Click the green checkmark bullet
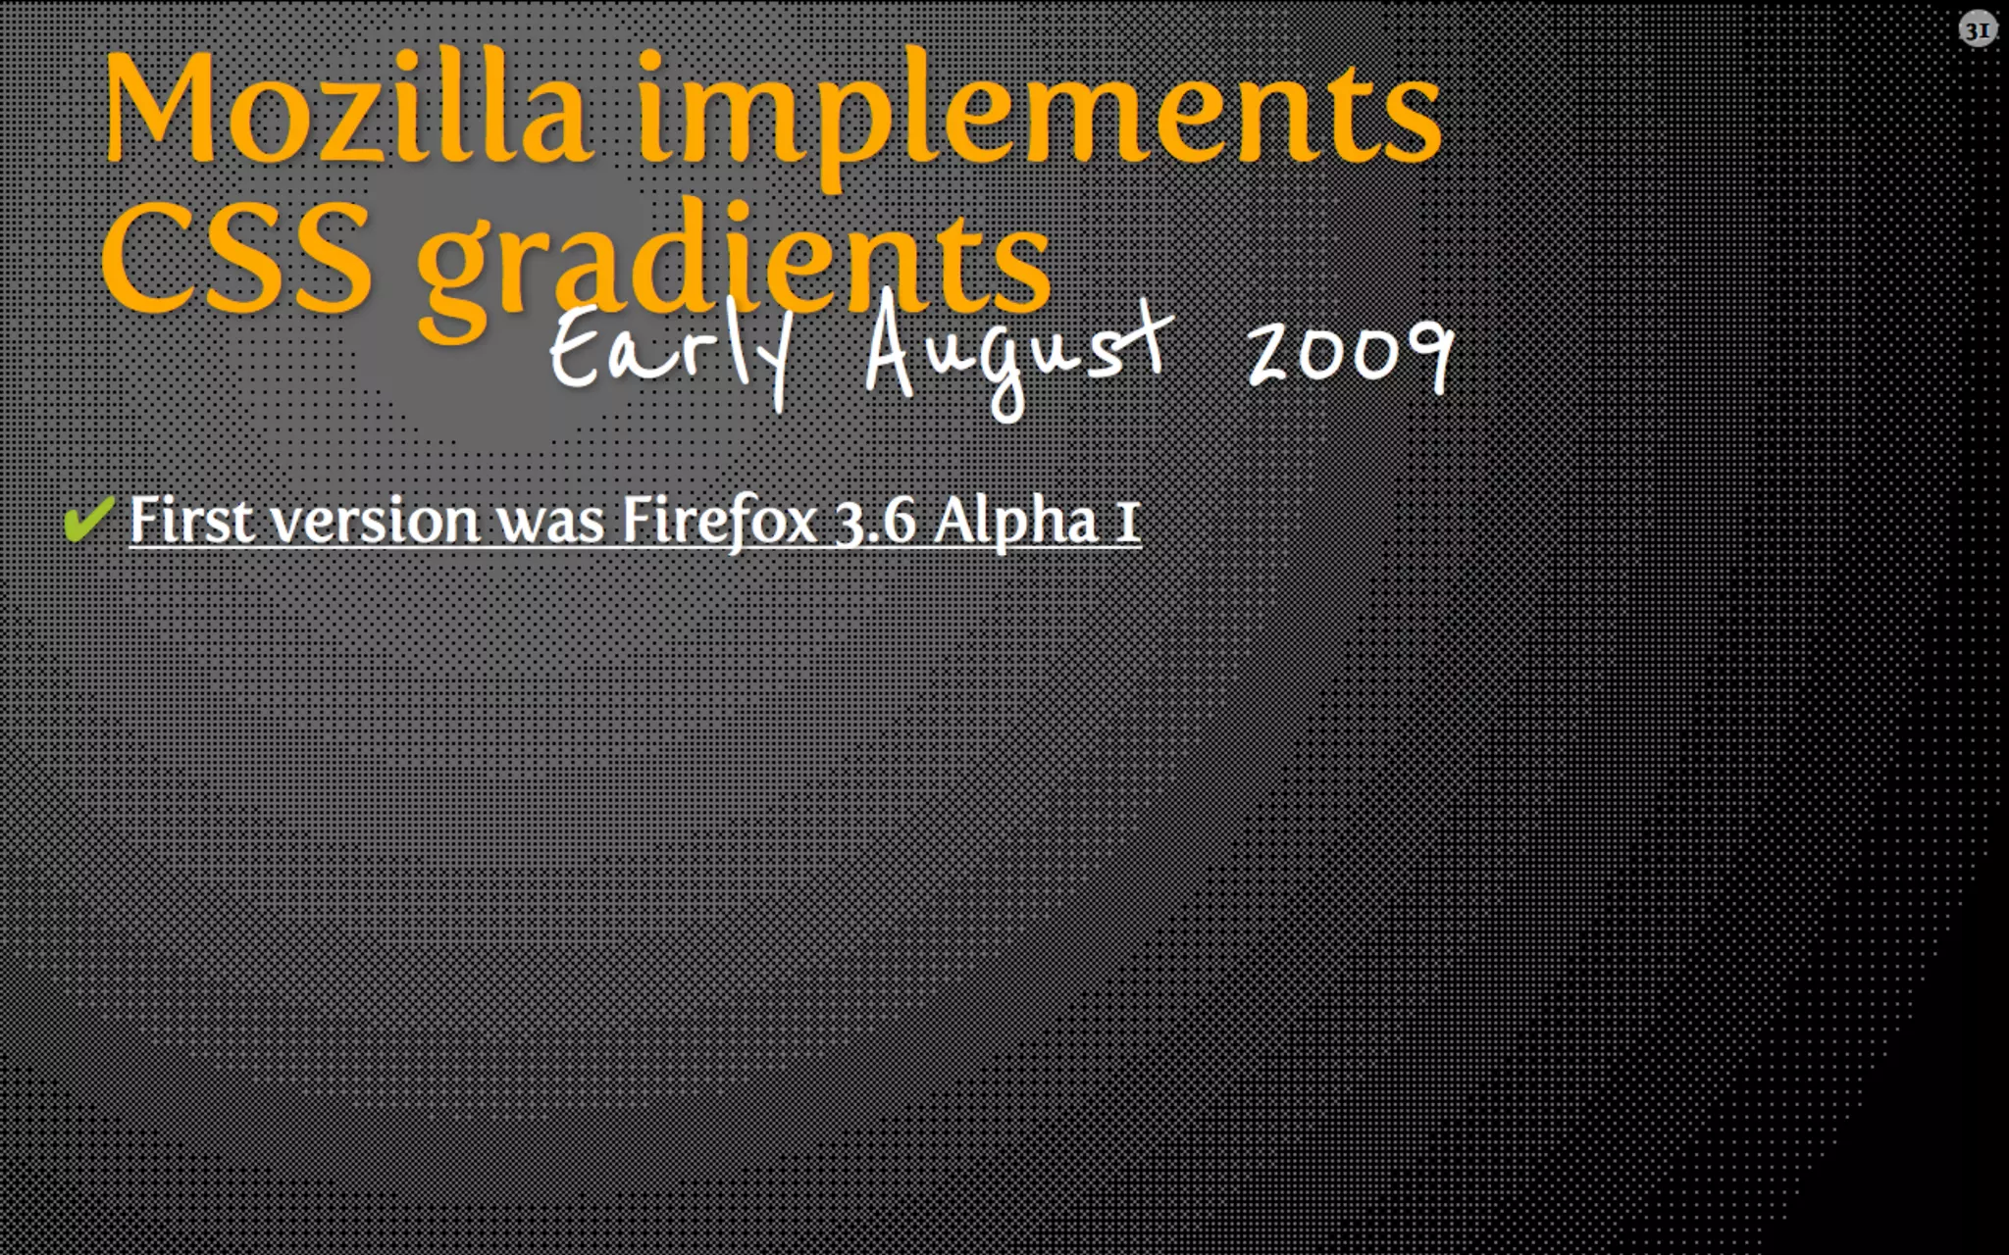click(87, 517)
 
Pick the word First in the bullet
click(191, 519)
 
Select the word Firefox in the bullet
click(720, 519)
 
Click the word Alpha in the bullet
click(1015, 521)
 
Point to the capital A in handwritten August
click(893, 348)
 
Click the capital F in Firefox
click(637, 519)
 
